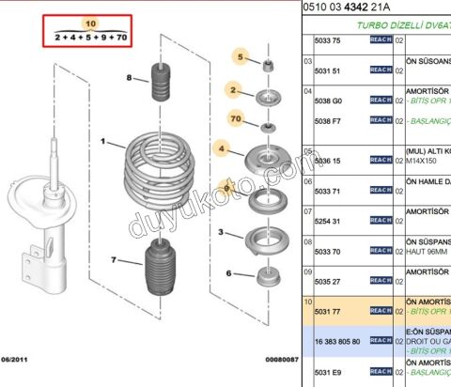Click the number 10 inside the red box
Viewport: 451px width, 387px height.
(90, 23)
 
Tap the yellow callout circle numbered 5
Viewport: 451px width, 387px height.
(240, 58)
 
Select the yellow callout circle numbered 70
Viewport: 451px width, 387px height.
(236, 118)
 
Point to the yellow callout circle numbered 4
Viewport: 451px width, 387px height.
(223, 147)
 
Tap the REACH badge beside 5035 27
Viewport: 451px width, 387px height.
(380, 281)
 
